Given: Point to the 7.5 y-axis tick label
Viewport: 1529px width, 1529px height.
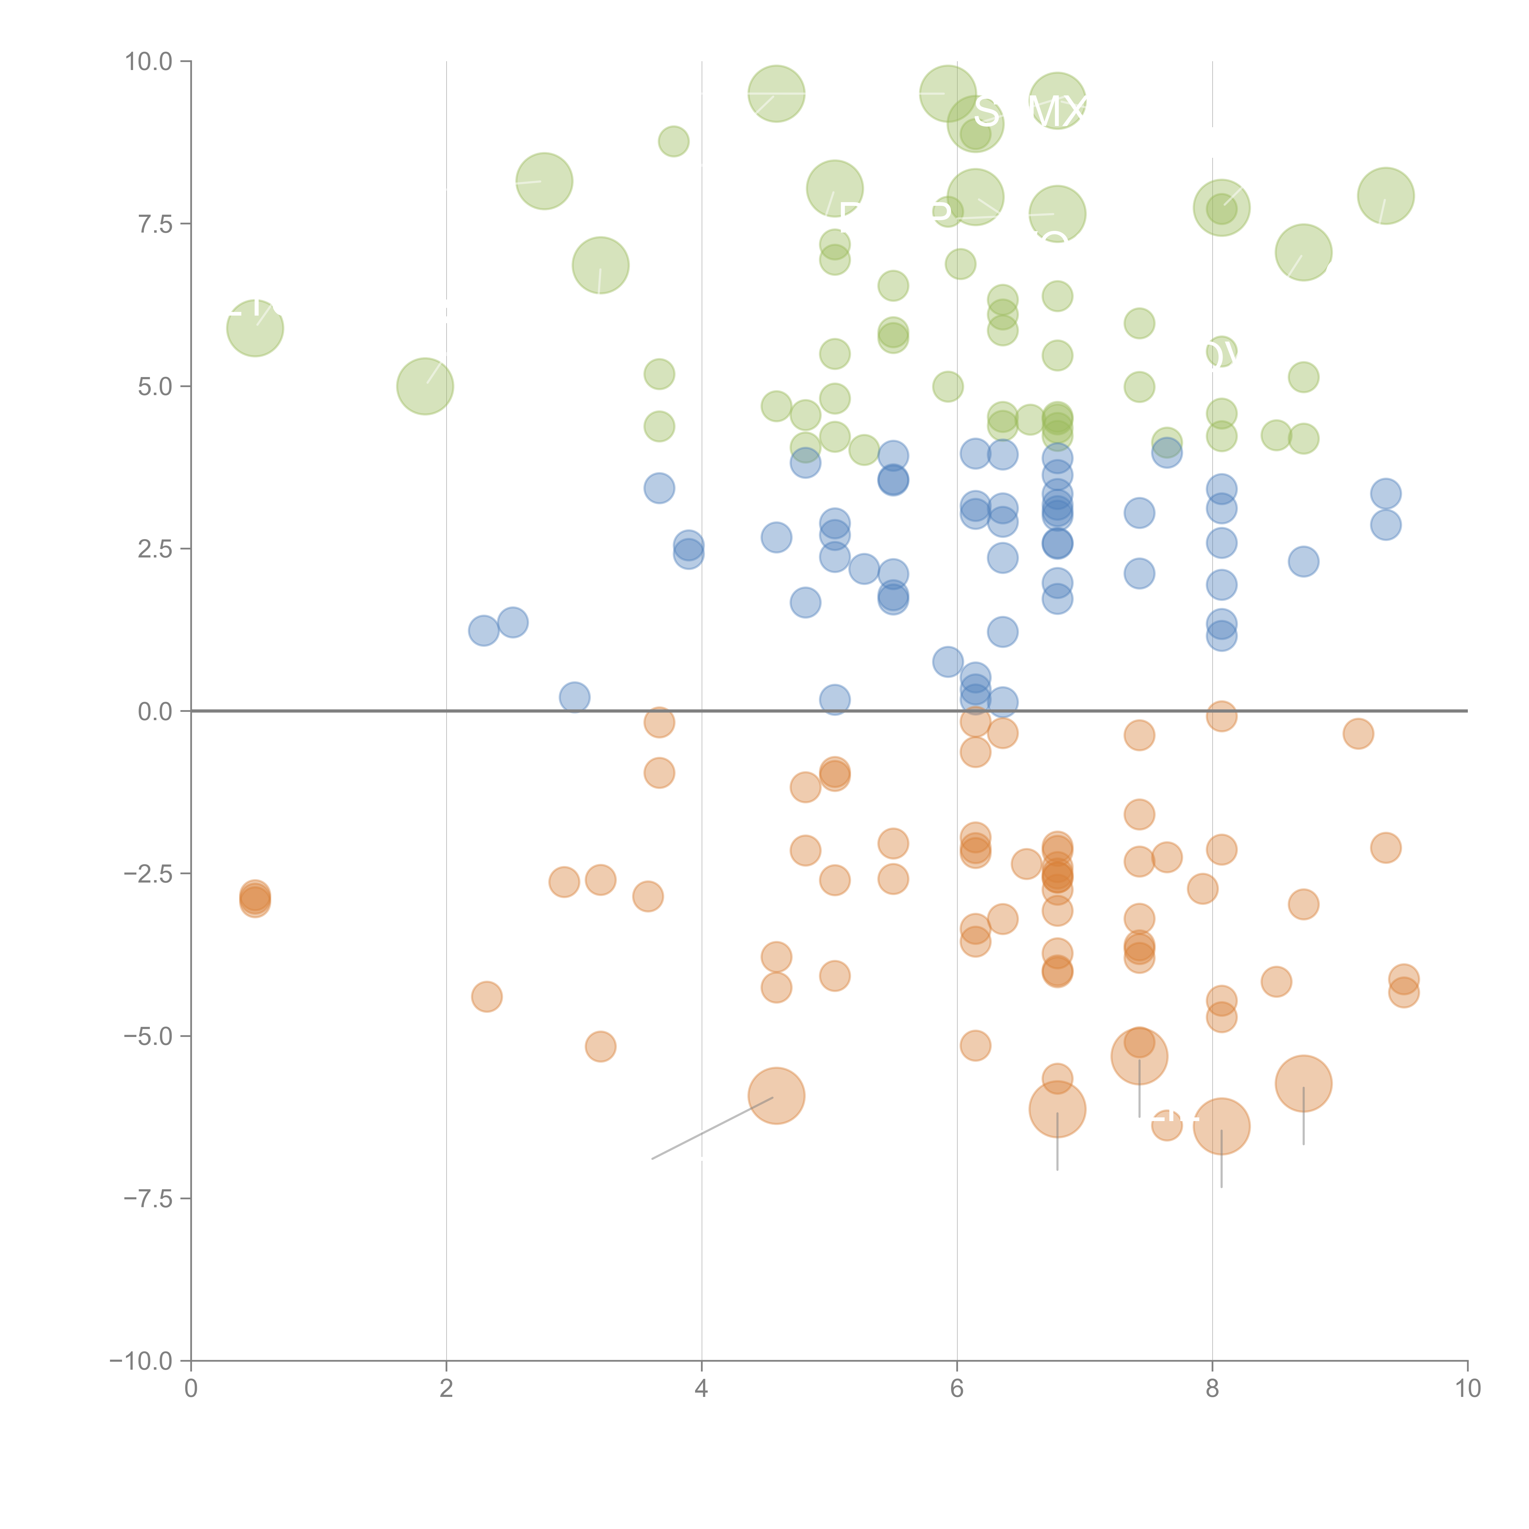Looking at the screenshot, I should pos(155,224).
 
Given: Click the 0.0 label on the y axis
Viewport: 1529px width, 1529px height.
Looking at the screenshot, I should pos(155,712).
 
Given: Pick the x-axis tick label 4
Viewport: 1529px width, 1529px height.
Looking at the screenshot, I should pos(701,1389).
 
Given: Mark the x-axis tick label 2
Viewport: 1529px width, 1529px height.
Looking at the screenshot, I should pos(446,1389).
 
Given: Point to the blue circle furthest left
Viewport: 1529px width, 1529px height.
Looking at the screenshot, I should pos(483,631).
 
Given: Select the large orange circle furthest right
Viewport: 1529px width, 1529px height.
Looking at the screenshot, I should pos(1303,1083).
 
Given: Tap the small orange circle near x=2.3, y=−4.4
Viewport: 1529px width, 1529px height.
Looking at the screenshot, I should pos(487,996).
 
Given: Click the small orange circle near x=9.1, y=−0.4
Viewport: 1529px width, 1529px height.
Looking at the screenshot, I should pos(1358,734).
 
